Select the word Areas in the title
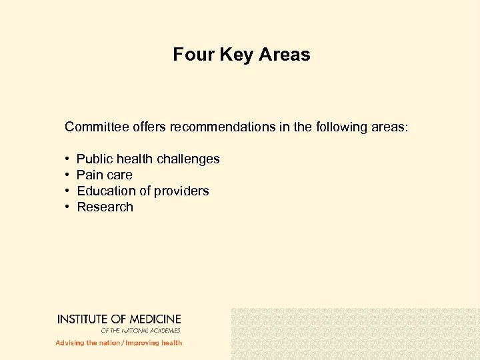[285, 55]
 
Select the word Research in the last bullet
[105, 207]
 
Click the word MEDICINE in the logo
[153, 319]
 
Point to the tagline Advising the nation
[87, 343]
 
